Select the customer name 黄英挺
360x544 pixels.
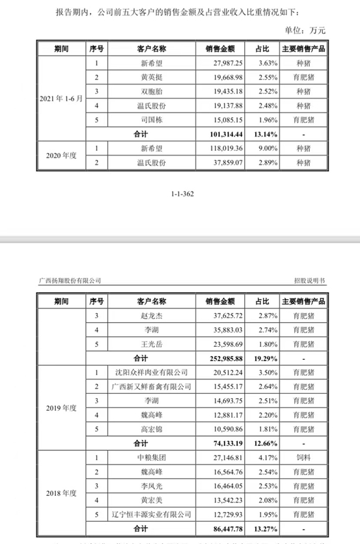[152, 77]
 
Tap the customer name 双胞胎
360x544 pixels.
[152, 91]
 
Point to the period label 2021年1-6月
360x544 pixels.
[61, 98]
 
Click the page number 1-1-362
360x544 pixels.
[180, 193]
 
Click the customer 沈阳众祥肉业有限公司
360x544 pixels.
[152, 373]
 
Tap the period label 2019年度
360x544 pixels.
[61, 409]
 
